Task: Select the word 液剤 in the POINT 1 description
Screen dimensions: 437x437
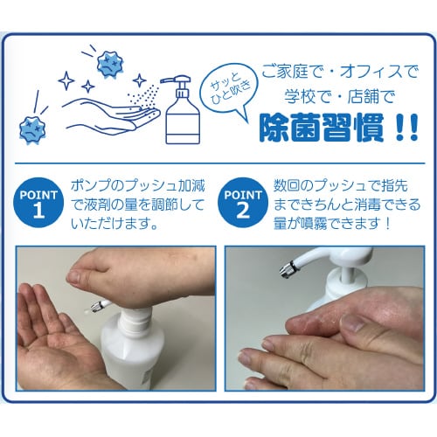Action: point(97,205)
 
